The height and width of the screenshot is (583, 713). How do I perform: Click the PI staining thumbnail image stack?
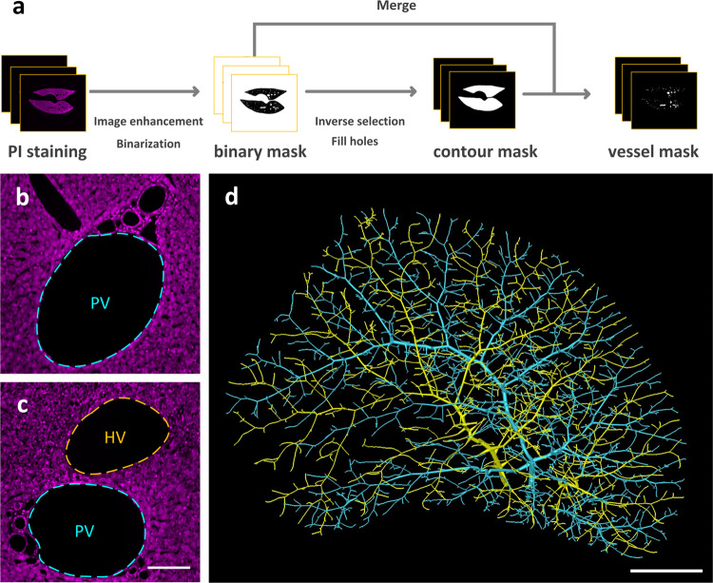coord(43,96)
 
